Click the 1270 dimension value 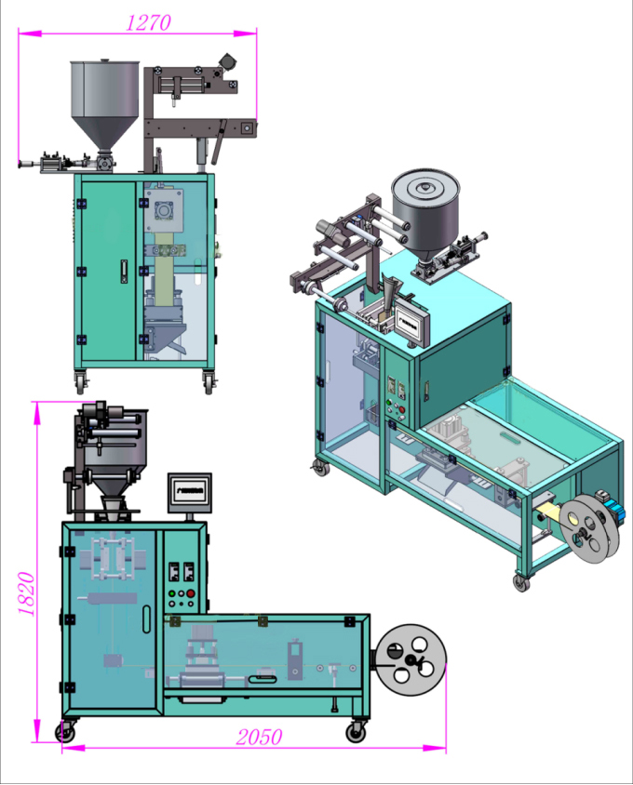click(148, 21)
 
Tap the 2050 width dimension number click(258, 738)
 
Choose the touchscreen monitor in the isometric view click(409, 322)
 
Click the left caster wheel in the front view click(65, 732)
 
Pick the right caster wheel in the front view click(355, 732)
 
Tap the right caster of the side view click(211, 380)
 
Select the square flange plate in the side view click(164, 213)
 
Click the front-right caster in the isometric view click(519, 582)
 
